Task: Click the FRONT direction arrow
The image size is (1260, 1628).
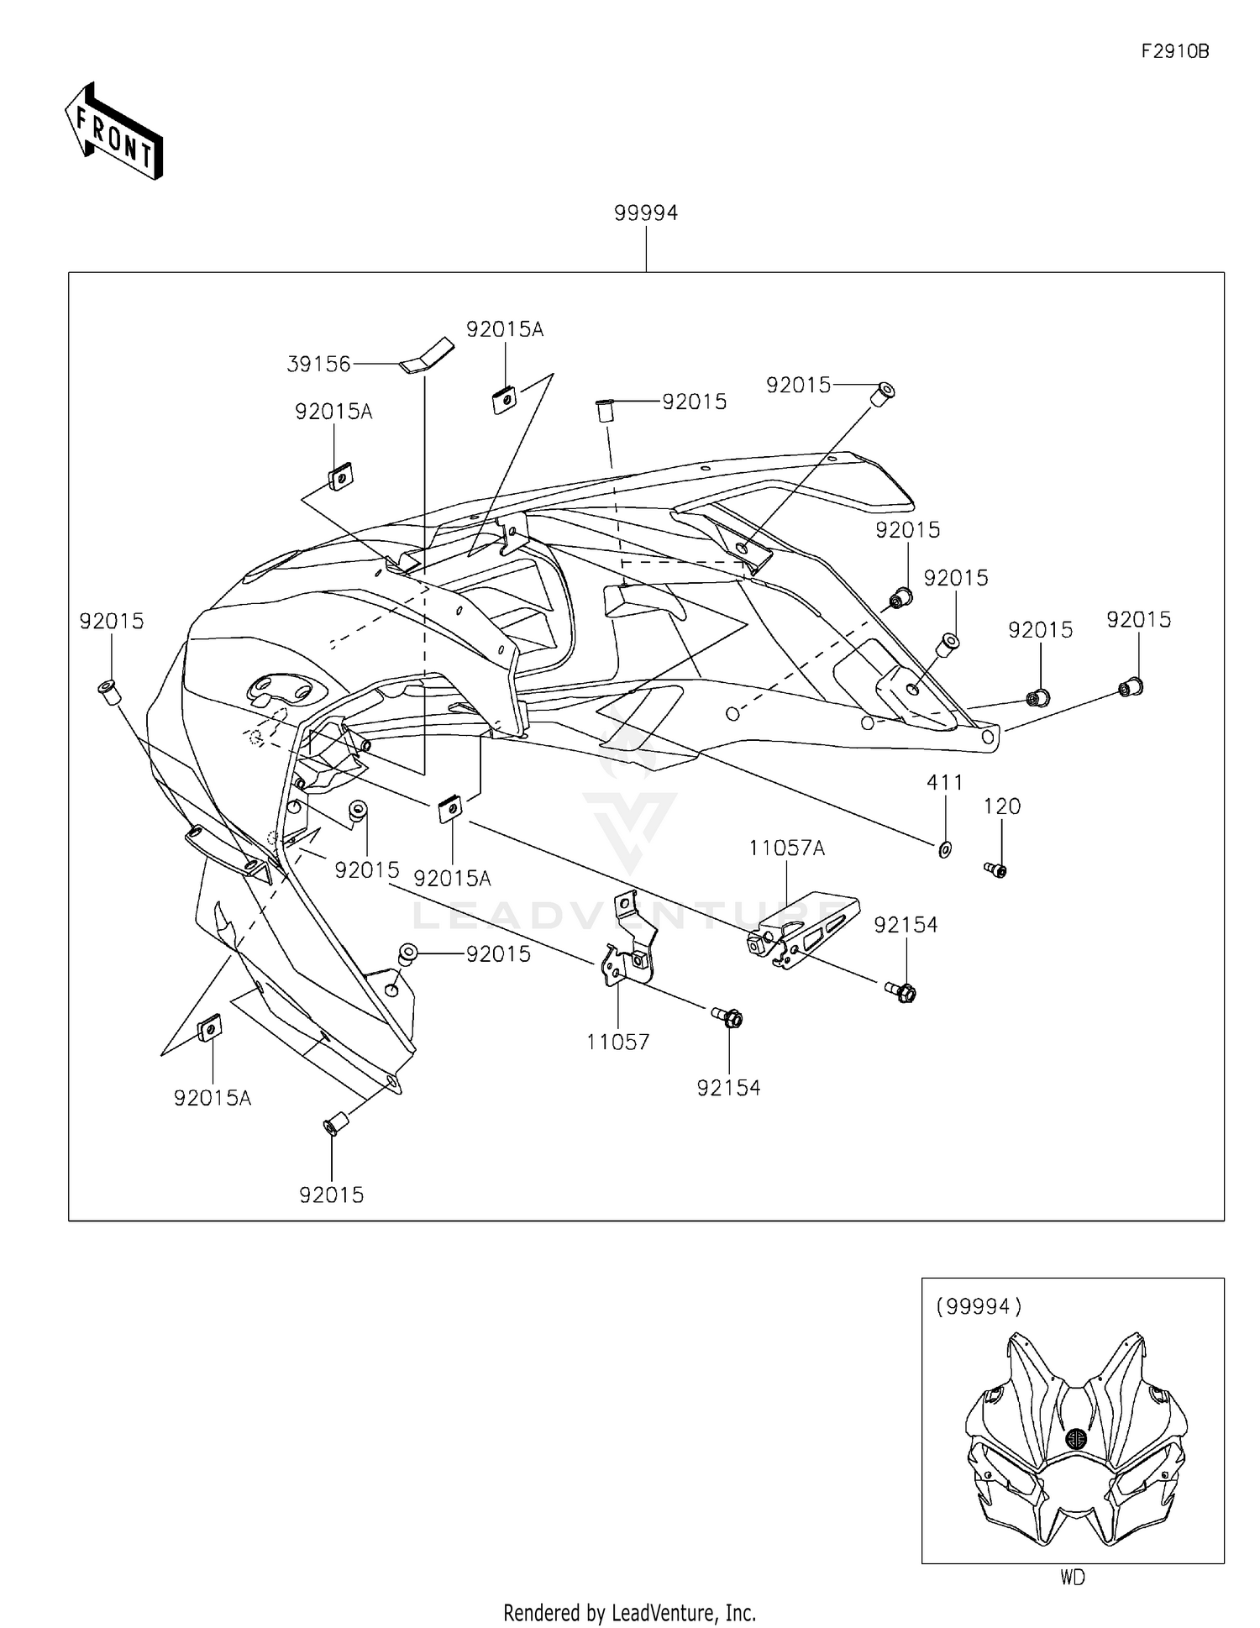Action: (x=113, y=133)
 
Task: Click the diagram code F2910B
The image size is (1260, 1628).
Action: (x=1174, y=51)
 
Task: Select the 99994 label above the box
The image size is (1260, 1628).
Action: (x=645, y=213)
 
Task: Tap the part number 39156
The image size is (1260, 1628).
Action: (x=318, y=365)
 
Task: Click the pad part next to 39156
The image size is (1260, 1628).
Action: (x=426, y=354)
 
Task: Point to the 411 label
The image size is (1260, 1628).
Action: (x=944, y=783)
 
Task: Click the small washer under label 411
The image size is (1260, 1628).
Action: (x=944, y=850)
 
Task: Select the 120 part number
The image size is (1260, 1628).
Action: (x=1001, y=807)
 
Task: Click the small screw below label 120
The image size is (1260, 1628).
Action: (x=995, y=869)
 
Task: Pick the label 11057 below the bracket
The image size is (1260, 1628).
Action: (x=617, y=1042)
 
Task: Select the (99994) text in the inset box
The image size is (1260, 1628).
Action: (x=979, y=1306)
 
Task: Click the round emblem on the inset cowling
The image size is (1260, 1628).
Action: (x=1075, y=1439)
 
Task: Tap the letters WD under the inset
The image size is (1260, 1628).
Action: (x=1072, y=1578)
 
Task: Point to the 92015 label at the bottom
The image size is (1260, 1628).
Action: (x=331, y=1195)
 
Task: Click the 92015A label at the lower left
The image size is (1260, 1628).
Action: (x=212, y=1098)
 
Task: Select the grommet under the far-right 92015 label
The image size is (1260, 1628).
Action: (x=1131, y=687)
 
